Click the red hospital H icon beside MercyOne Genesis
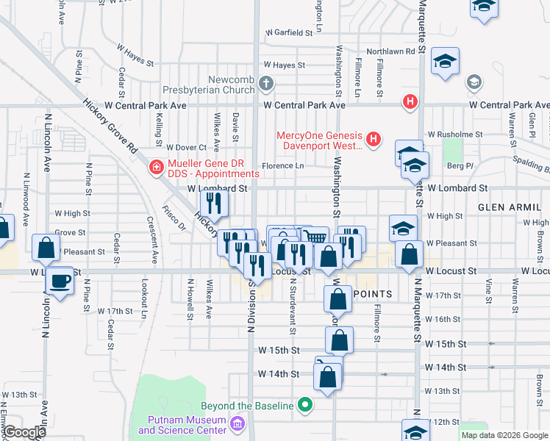[374, 137]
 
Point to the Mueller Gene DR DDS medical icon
[156, 168]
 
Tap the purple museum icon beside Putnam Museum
[237, 424]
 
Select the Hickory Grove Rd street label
[111, 126]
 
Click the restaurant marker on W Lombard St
[214, 203]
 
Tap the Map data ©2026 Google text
[504, 435]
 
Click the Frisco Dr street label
[173, 218]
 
